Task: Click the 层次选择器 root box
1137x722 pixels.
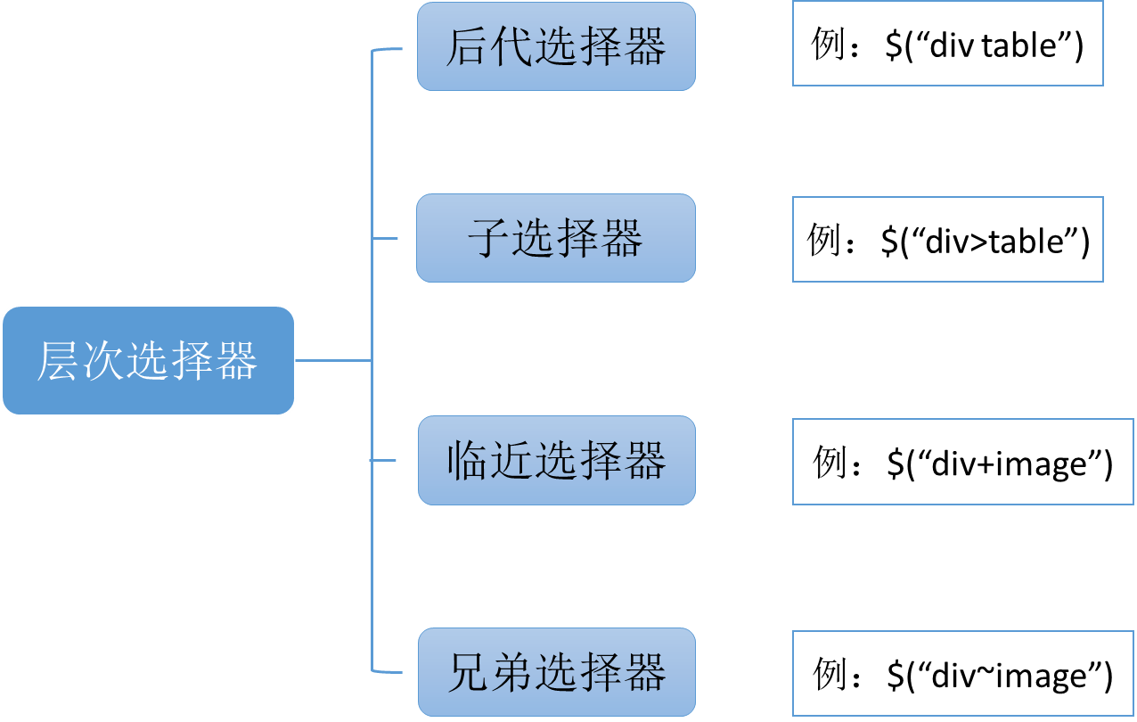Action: click(148, 360)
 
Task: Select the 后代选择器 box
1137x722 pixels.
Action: click(556, 46)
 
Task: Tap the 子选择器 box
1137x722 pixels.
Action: click(556, 239)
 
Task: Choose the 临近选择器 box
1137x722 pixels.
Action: click(556, 461)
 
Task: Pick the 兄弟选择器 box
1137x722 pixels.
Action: click(556, 672)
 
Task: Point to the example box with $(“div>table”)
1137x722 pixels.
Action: click(947, 240)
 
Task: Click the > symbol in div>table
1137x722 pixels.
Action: click(978, 242)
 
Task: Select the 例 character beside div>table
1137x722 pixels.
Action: click(824, 240)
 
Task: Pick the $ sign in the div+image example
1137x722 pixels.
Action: click(895, 464)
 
